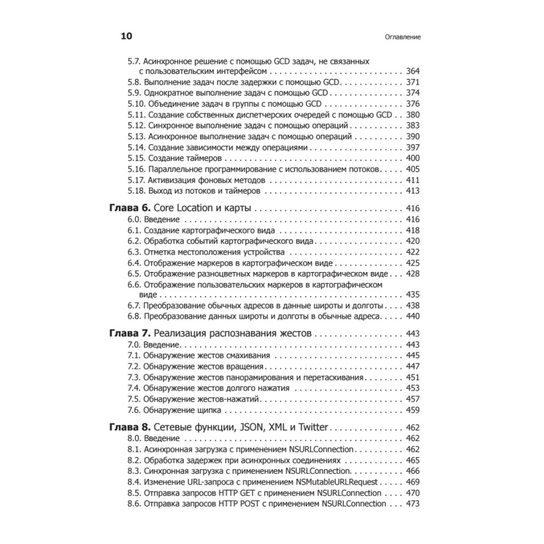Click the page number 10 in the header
[x=126, y=36]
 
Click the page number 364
[x=413, y=72]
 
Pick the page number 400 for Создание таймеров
[x=413, y=158]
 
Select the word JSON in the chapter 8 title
[x=251, y=428]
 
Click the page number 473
[x=413, y=504]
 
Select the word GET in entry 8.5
[x=236, y=493]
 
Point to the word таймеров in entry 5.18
[x=240, y=191]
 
